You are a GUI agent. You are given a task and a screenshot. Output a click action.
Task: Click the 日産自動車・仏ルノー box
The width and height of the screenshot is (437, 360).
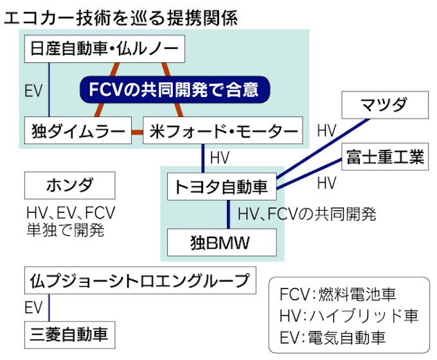coord(104,50)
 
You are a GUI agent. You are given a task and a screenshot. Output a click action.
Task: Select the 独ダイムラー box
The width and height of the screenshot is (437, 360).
coord(77,132)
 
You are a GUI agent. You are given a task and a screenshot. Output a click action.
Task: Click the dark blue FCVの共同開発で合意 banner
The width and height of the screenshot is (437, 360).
coord(173,89)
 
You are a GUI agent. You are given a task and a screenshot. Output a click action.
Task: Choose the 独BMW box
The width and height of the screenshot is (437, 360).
coord(220,243)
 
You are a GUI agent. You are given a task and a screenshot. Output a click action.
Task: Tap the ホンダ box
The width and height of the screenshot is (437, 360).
coord(69,186)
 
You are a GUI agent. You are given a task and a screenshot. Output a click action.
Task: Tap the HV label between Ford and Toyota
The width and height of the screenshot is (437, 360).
coord(220,157)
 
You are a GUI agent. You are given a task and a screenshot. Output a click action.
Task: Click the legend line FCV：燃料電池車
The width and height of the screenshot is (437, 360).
coord(338,296)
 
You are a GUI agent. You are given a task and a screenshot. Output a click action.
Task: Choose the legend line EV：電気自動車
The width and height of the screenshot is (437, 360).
coord(338,336)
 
